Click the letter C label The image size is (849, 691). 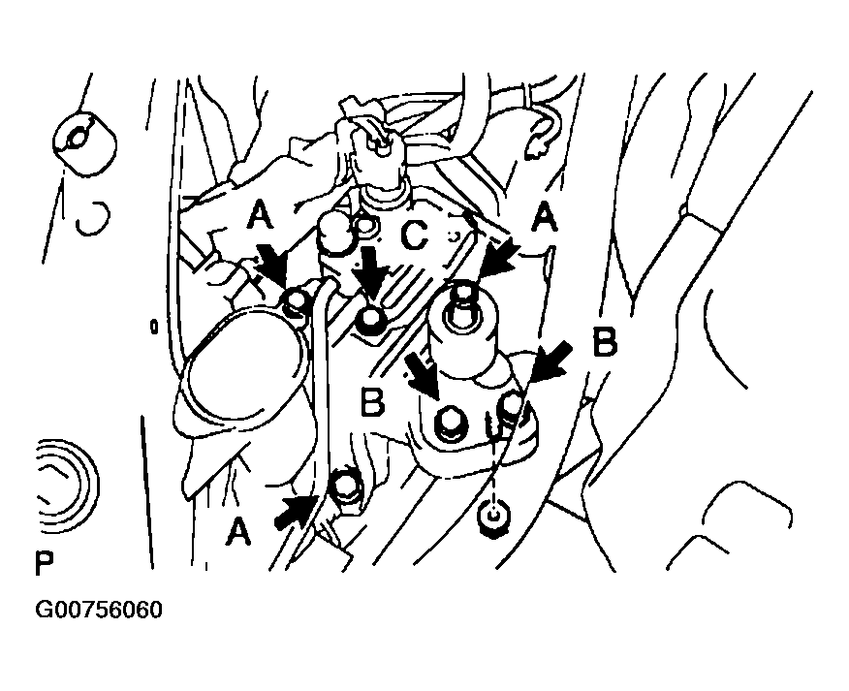coord(414,236)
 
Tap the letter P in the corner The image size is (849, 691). coord(45,563)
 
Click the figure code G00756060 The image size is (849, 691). coord(99,610)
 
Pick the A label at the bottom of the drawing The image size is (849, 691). coord(238,531)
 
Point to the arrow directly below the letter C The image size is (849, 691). coord(371,274)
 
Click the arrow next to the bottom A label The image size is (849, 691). coord(296,513)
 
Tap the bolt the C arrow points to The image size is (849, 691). coord(370,318)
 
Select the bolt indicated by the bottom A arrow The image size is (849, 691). coord(345,486)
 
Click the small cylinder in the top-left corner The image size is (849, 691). coord(85,144)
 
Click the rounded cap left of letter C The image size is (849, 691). coord(335,234)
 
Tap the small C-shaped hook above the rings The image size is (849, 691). coord(93,219)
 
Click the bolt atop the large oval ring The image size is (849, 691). coord(295,302)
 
